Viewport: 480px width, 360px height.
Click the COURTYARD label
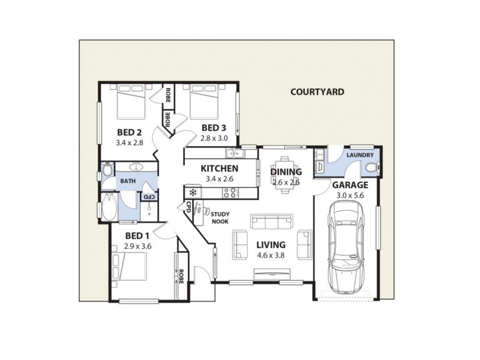(x=317, y=92)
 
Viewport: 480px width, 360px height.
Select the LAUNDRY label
(x=360, y=155)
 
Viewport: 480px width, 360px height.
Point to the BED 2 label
(x=129, y=133)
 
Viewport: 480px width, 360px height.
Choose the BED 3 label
(x=214, y=128)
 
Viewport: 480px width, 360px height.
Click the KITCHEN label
(x=220, y=169)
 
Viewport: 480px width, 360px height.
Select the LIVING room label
(x=271, y=244)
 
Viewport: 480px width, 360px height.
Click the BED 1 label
(x=137, y=235)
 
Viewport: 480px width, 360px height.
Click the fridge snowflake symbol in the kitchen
(x=193, y=193)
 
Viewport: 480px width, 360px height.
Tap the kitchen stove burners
(x=229, y=193)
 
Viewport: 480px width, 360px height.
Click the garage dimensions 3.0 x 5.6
(x=350, y=195)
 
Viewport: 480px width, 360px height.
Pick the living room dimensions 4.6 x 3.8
(x=271, y=254)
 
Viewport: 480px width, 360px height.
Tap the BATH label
(x=128, y=181)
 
